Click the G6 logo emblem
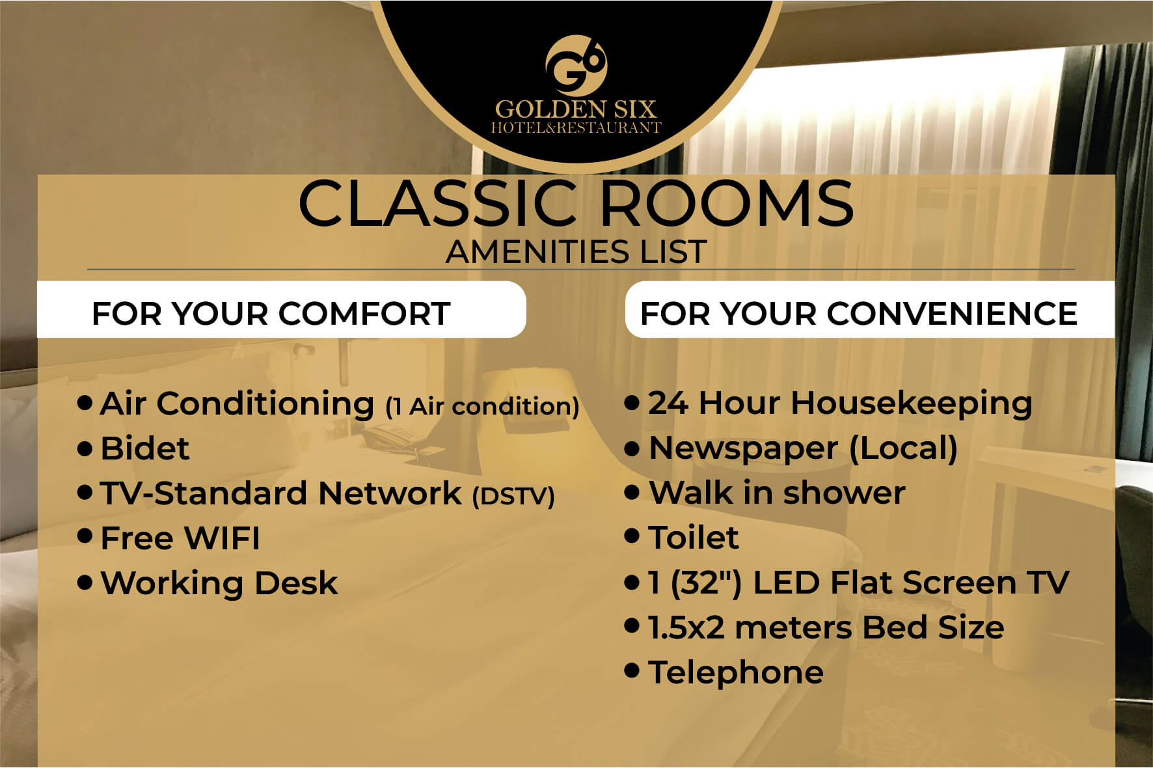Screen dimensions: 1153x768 [576, 65]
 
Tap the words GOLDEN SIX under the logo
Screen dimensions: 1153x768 [576, 109]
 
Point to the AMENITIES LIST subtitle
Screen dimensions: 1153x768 [576, 252]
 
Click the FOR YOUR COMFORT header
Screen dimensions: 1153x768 [271, 314]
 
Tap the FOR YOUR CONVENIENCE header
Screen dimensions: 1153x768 [859, 314]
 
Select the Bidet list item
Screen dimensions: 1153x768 [144, 448]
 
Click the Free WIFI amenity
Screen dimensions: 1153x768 [180, 538]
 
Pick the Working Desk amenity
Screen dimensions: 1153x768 [219, 583]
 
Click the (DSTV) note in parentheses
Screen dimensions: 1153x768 [513, 496]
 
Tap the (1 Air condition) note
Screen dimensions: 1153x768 [482, 407]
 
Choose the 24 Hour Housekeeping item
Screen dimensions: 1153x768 [840, 404]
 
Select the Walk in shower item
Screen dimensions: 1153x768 [777, 493]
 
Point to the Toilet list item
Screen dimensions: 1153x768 [694, 538]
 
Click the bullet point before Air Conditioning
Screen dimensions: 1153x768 [85, 402]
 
